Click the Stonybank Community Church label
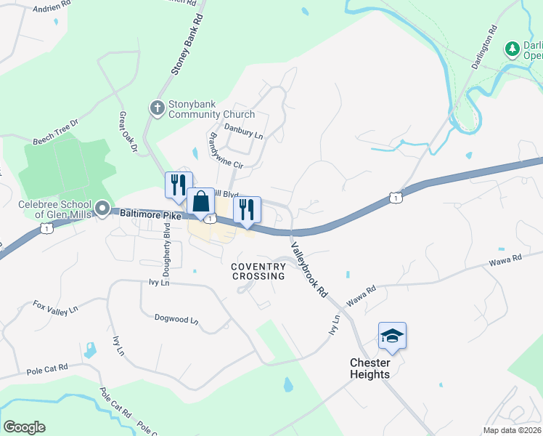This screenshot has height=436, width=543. click(x=211, y=109)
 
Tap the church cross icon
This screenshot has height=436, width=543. click(x=157, y=109)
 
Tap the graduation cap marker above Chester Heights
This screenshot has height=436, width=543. click(x=392, y=336)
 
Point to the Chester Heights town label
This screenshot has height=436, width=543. click(x=370, y=368)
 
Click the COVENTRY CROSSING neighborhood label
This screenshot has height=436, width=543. click(x=258, y=271)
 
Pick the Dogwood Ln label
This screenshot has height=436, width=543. click(x=176, y=319)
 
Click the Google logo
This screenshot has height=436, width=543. click(x=24, y=427)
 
